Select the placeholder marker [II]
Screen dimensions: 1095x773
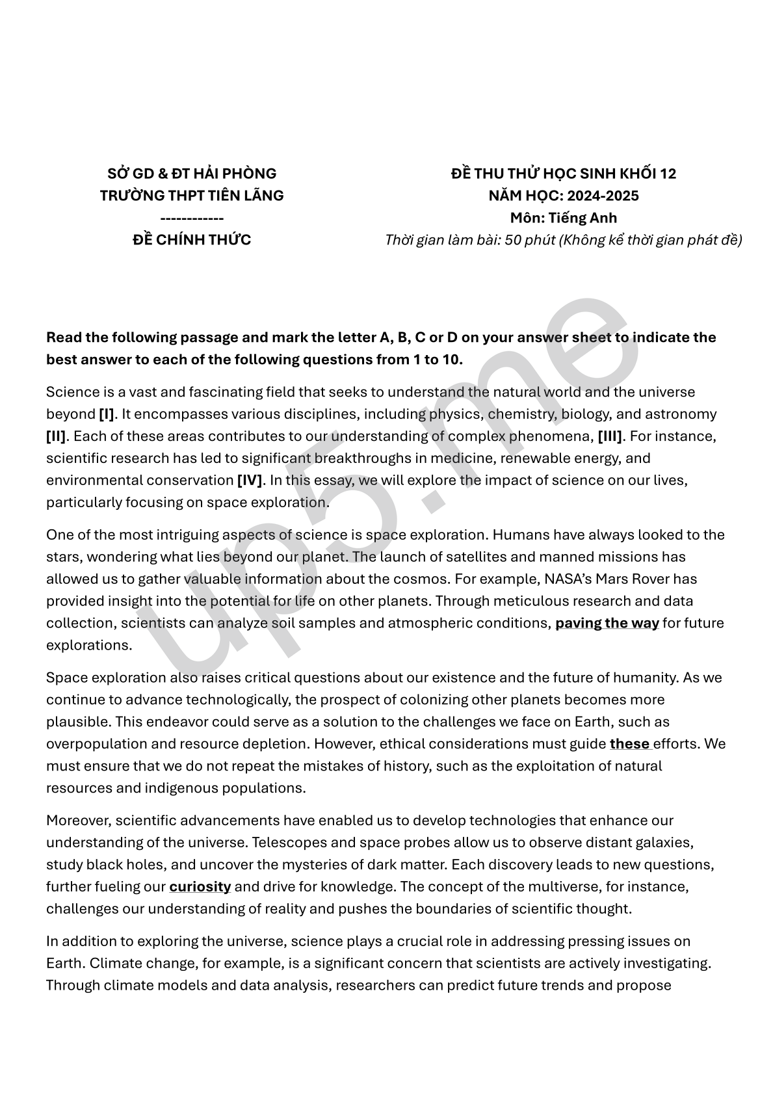tap(57, 436)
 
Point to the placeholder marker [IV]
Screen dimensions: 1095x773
tap(250, 481)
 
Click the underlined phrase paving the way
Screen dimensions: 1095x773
tap(607, 623)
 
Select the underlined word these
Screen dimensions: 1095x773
tap(630, 744)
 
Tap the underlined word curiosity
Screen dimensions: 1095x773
tap(200, 887)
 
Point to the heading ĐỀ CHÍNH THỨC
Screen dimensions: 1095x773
tap(192, 240)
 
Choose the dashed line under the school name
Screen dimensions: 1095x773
tap(192, 218)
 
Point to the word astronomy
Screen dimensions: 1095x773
tap(681, 414)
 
